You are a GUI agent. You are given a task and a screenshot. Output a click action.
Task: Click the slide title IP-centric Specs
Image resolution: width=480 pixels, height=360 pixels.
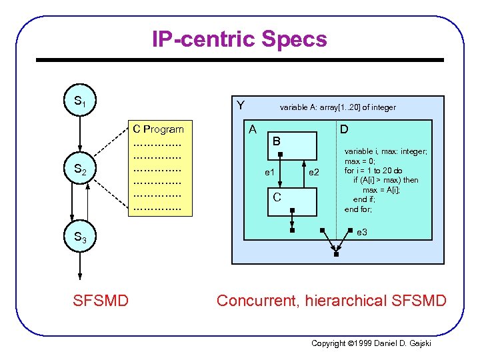coord(239,39)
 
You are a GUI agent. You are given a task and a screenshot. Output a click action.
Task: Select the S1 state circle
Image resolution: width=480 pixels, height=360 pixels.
coord(79,101)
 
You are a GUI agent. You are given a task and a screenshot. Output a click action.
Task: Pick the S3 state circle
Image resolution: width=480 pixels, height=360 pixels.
coord(79,237)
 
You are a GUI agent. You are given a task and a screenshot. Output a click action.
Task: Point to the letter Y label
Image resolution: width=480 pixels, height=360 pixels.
coord(241,105)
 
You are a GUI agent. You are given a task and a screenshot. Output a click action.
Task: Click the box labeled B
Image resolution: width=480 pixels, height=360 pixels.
coord(293,143)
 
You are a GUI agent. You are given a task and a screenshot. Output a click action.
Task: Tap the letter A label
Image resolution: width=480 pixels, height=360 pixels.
coord(253,129)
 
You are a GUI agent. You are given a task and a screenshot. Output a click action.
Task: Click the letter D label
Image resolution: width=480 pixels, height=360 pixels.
coord(343,129)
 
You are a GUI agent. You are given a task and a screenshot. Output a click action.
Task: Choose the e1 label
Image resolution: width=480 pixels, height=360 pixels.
coord(269,173)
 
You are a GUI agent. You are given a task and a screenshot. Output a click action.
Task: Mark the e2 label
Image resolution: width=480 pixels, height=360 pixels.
coord(313,173)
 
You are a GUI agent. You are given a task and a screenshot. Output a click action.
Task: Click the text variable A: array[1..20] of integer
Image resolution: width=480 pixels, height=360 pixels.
coord(337,107)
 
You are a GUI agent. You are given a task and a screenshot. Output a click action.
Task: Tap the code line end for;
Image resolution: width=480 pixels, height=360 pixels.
coord(359,209)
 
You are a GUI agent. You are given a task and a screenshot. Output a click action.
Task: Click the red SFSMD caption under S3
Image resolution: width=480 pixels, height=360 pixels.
coord(100,301)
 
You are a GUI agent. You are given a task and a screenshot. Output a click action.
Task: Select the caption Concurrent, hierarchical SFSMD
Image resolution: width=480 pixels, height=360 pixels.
coord(331,301)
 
